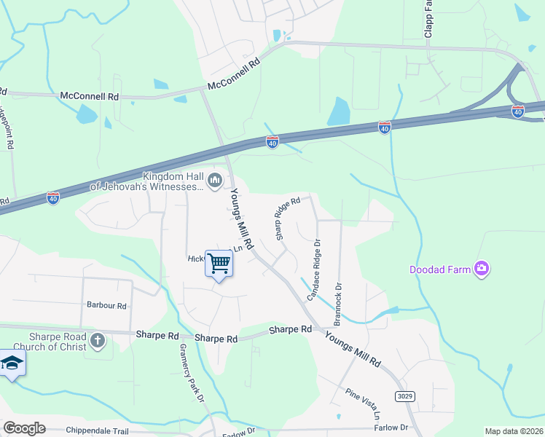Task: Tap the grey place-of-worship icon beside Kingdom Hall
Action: [214, 180]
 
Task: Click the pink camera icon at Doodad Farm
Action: [481, 269]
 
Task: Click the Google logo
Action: [24, 428]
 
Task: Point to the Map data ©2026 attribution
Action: [514, 431]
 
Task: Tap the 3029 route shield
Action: [407, 395]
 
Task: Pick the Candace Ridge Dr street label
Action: [314, 269]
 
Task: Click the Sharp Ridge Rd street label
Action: [287, 218]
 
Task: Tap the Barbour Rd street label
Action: [106, 306]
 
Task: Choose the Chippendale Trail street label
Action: [97, 431]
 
